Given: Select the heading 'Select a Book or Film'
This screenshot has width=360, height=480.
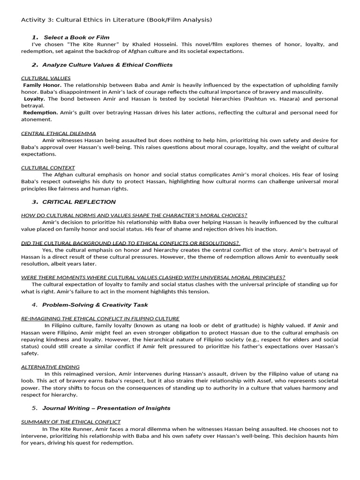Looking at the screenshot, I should [76, 37].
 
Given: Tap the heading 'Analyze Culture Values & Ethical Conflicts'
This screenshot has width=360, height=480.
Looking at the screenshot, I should [107, 65].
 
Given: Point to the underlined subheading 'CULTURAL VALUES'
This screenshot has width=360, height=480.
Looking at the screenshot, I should [46, 78].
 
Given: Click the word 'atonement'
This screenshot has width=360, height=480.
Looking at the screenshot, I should [36, 120].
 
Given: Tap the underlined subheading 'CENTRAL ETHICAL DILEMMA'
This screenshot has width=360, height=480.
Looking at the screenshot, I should [59, 133].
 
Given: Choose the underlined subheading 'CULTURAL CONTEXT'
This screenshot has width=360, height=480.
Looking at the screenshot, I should [48, 167].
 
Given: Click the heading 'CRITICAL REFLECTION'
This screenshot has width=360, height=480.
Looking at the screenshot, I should [79, 202].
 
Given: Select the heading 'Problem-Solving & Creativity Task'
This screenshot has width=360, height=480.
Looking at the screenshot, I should [95, 305].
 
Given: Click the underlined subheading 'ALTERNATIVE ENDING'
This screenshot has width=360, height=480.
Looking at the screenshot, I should [50, 367].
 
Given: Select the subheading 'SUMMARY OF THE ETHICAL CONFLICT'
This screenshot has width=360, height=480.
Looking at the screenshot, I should [71, 422].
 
